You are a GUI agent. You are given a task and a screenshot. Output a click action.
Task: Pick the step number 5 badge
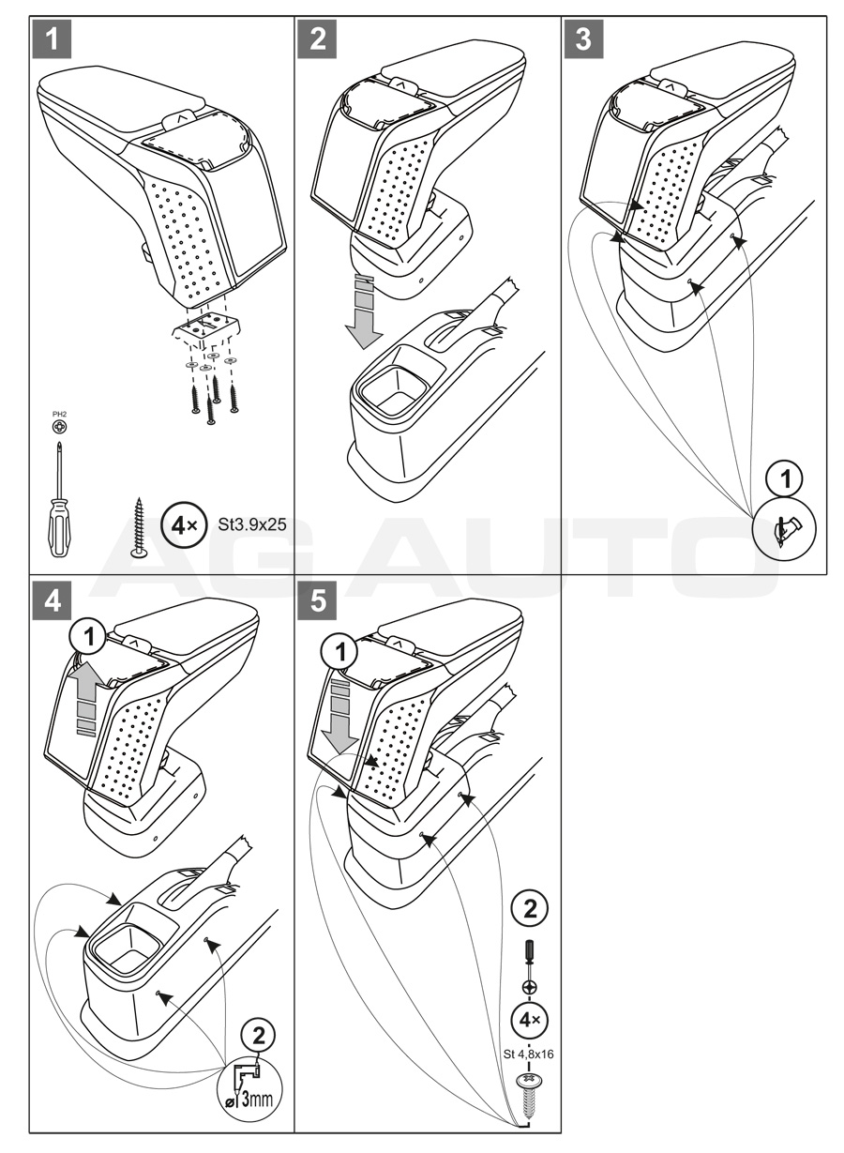point(319,600)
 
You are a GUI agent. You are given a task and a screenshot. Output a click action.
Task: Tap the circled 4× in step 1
point(179,526)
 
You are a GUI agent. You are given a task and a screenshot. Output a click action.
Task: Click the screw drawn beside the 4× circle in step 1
point(140,527)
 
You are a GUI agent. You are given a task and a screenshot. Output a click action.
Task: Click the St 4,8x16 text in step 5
point(528,1054)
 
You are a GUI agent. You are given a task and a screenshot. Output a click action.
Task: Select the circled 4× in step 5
point(528,1019)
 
